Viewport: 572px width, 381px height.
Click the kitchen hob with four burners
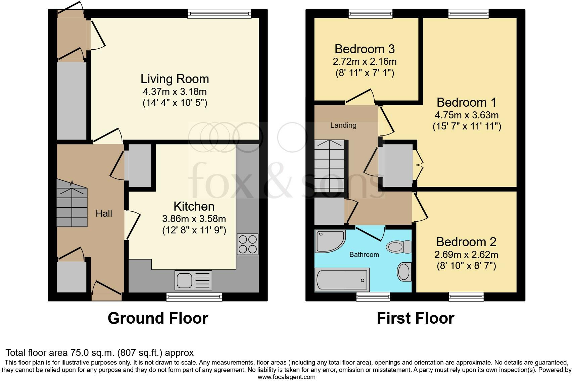[248, 244]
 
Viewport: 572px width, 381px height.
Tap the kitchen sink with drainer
[193, 280]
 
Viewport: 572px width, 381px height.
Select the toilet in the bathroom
[398, 247]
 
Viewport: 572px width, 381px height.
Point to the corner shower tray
[329, 241]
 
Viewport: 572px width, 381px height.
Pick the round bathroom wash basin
[404, 272]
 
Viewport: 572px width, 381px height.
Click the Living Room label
[175, 79]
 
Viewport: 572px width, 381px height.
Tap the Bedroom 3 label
[365, 49]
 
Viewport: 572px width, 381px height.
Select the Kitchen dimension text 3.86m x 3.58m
[194, 219]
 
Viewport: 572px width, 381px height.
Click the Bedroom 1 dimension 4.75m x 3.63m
[467, 115]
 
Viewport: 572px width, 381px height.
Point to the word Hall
[104, 213]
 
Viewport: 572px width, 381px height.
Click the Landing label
[343, 125]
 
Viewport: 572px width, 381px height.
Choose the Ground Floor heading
[158, 318]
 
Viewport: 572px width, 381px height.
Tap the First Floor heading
[415, 318]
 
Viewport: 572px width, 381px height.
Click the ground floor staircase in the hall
[72, 203]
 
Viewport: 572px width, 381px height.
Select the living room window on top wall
[220, 13]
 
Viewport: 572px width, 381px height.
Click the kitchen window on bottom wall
[194, 296]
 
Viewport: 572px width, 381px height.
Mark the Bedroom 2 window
[466, 296]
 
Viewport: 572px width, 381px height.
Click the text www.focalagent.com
[286, 377]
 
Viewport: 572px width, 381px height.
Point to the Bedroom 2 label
[466, 242]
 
